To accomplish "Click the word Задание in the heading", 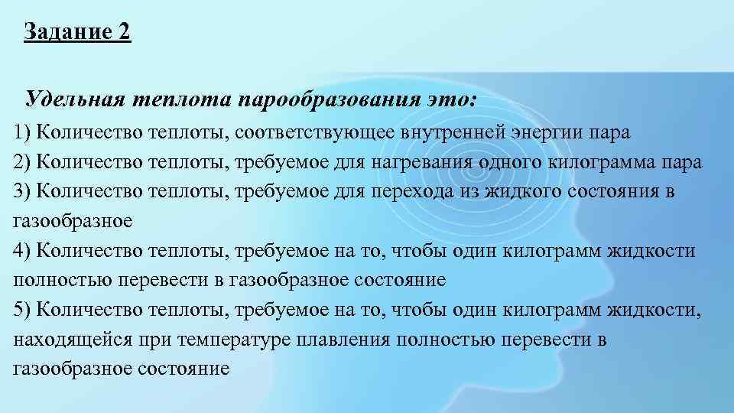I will (67, 33).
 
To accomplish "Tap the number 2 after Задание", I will (125, 33).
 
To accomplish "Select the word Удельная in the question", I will (75, 99).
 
